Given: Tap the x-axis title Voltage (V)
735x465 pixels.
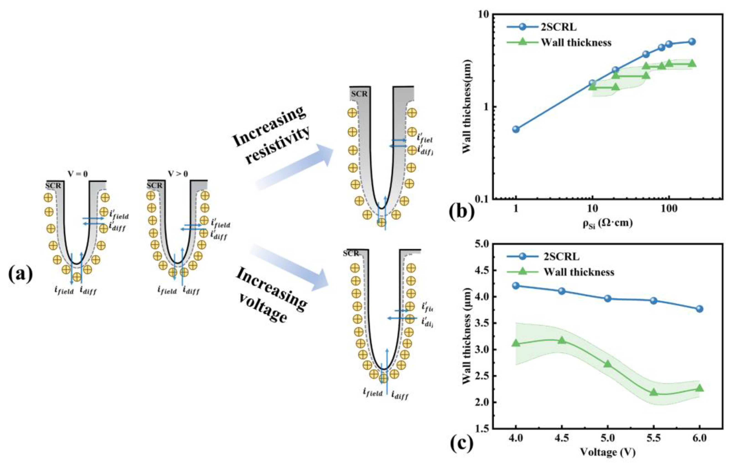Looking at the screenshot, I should (607, 452).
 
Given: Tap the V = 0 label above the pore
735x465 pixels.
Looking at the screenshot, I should (78, 174).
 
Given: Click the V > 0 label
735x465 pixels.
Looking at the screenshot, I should (178, 174).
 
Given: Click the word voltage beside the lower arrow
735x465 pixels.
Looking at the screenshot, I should (262, 308).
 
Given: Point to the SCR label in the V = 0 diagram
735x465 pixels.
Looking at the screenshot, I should (53, 186).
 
